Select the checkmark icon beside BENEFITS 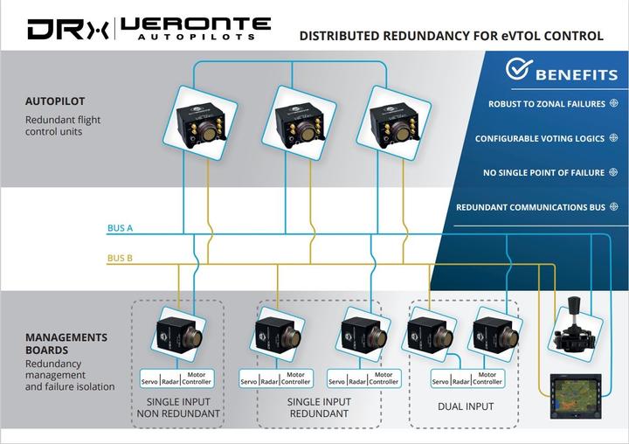(x=519, y=71)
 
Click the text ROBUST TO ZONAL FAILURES (x=546, y=104)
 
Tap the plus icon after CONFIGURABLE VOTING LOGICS (x=612, y=138)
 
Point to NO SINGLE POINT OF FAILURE (x=543, y=173)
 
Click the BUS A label (x=120, y=228)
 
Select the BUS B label (x=120, y=258)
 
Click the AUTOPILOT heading (x=55, y=101)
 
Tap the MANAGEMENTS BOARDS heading (x=66, y=343)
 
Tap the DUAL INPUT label (x=465, y=406)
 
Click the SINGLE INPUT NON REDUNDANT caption (x=177, y=407)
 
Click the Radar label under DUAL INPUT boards (x=460, y=382)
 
